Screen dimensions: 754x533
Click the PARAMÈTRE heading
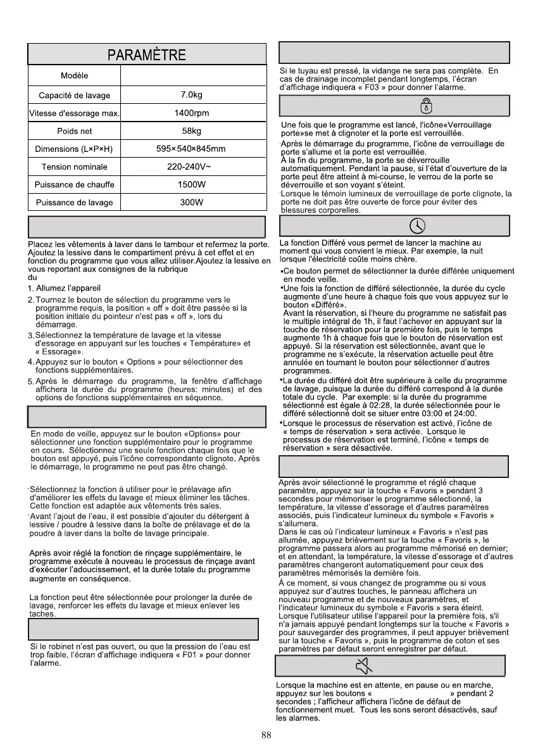pos(147,55)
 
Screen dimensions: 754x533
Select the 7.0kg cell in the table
pos(191,96)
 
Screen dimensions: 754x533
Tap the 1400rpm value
pos(191,113)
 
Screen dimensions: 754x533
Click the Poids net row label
pos(75,131)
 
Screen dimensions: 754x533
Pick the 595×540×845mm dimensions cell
pos(191,149)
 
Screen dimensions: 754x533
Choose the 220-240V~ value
pos(191,167)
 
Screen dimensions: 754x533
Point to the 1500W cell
pos(191,185)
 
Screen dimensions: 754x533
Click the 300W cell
pos(191,203)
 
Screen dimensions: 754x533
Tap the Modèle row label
pos(75,76)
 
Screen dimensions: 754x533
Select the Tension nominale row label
pos(75,167)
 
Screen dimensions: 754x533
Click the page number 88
pos(266,735)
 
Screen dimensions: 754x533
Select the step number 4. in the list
pos(30,362)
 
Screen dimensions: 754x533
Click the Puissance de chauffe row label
pos(75,185)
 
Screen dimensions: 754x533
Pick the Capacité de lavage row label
pos(75,96)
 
